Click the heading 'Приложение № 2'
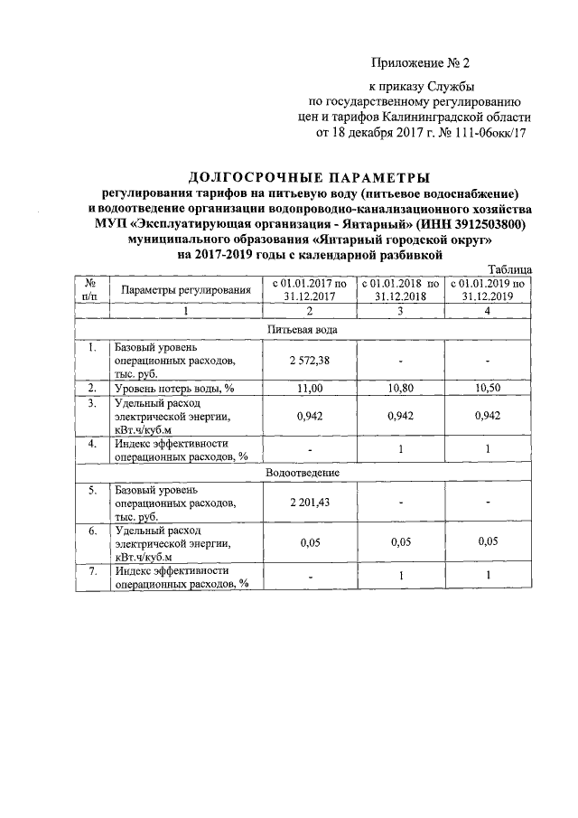point(421,63)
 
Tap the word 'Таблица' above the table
point(509,269)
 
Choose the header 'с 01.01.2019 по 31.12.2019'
point(488,290)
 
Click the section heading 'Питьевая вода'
point(303,330)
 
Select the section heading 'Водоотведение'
point(303,473)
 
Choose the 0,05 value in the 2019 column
point(488,543)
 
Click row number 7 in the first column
point(91,571)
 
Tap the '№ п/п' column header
point(91,290)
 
